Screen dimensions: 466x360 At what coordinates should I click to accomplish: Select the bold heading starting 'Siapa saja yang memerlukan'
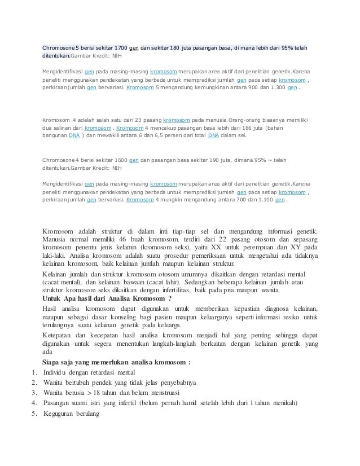pos(117,362)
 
